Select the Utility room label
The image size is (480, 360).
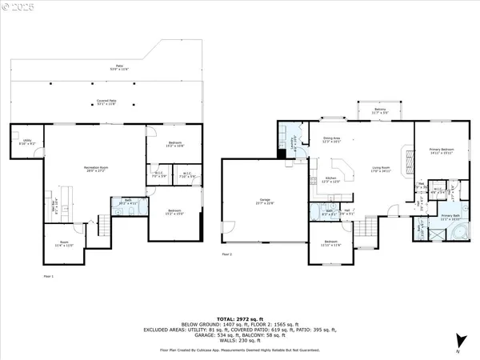click(x=27, y=142)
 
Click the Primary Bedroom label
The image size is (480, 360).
click(x=442, y=150)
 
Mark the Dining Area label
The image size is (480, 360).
click(x=332, y=140)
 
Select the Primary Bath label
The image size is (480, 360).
click(x=450, y=217)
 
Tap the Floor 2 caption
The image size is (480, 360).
click(x=226, y=255)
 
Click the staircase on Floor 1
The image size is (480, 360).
click(x=102, y=226)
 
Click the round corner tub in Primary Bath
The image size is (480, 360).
click(x=461, y=232)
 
